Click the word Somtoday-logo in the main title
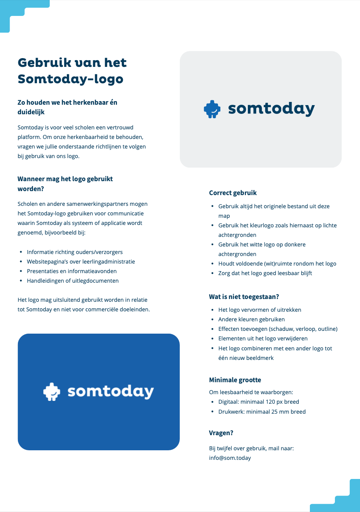click(x=70, y=79)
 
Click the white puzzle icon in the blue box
click(x=52, y=392)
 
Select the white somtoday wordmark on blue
click(x=111, y=391)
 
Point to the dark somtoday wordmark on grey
click(x=271, y=109)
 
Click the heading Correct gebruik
click(x=233, y=193)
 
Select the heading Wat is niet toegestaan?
click(x=244, y=297)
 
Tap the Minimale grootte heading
click(x=235, y=380)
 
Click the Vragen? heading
click(x=221, y=433)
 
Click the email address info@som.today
click(x=230, y=458)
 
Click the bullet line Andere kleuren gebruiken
click(x=251, y=319)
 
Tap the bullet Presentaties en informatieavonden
click(x=72, y=271)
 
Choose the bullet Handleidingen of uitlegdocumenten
click(x=72, y=281)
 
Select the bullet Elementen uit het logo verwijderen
click(x=263, y=338)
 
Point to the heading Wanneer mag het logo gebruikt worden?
click(x=65, y=184)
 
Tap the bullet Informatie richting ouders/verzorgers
click(x=75, y=252)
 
